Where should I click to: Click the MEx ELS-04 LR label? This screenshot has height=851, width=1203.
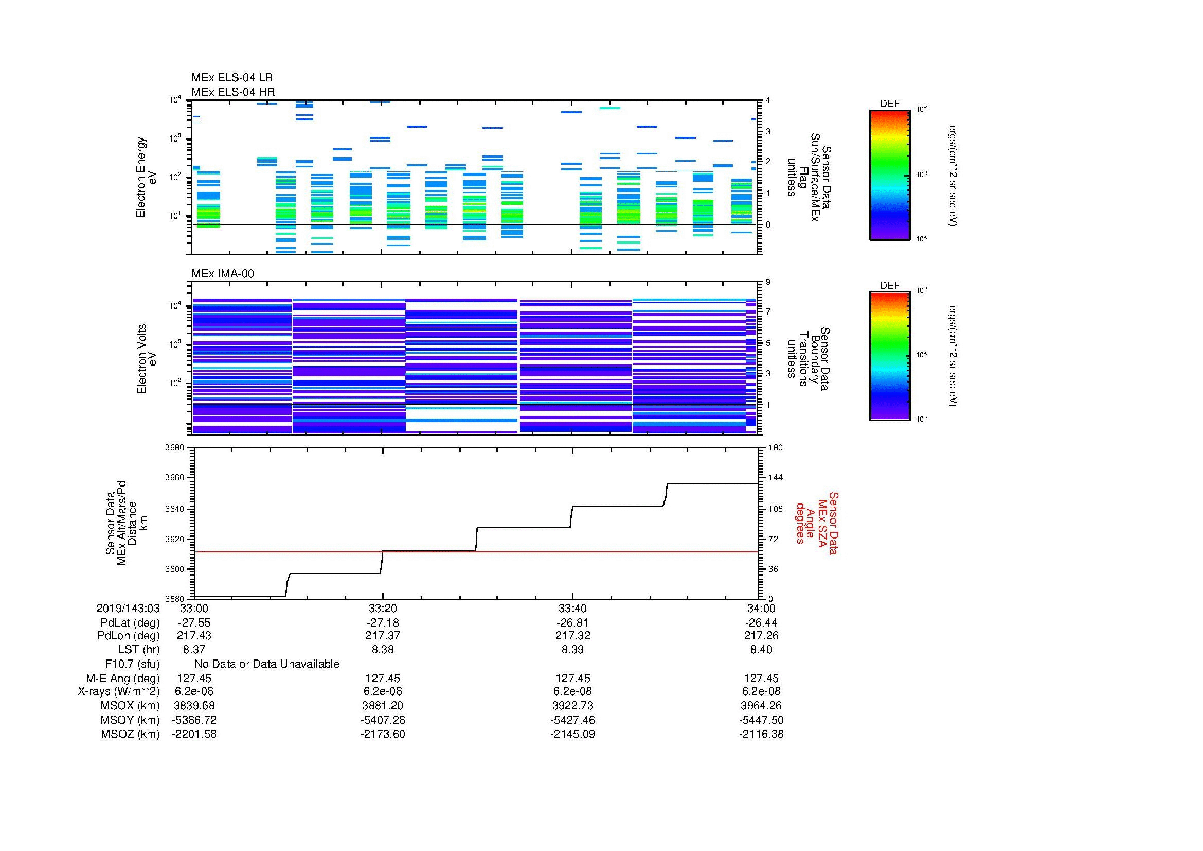coord(232,78)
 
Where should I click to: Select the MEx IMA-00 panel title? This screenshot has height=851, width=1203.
coord(223,274)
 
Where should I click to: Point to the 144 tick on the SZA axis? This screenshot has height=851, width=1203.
coord(776,478)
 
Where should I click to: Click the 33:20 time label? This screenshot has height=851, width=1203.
coord(383,608)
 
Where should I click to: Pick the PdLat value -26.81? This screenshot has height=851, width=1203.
coord(572,623)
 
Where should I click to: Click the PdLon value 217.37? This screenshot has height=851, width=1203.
coord(383,635)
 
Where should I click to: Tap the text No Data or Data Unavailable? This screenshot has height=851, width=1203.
coord(267,664)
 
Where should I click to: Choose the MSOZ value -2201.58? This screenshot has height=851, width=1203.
coord(194,734)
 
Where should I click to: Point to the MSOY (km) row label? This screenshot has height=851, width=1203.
coord(130,720)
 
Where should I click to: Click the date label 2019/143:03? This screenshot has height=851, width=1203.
coord(128,608)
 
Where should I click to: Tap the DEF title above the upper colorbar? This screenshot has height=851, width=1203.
coord(889,104)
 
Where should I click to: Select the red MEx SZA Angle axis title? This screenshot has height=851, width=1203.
coord(816,523)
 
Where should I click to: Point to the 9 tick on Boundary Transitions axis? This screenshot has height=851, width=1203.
coord(768,282)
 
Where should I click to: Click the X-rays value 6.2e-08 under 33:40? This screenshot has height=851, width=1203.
coord(572,691)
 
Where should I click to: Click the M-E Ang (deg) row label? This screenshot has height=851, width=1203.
coord(122,679)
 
